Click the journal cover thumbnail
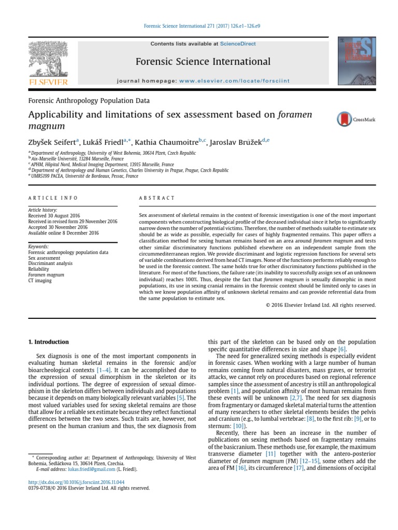[357, 61]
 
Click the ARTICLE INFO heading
[53, 198]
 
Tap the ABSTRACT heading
[158, 198]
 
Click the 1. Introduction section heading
[48, 342]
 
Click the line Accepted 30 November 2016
[58, 227]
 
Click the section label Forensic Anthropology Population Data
[89, 101]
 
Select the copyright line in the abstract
[320, 305]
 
